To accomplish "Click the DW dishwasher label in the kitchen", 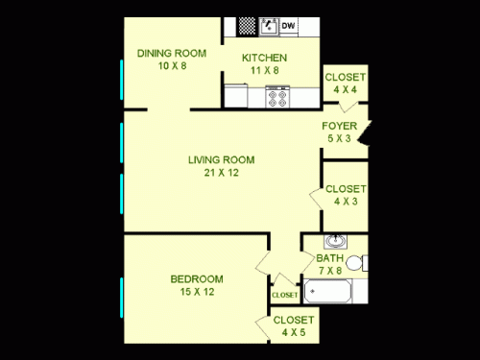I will (x=289, y=26).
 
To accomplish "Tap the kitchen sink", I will (x=269, y=26).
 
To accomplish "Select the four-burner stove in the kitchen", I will (x=278, y=97).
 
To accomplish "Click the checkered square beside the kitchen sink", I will (x=248, y=26).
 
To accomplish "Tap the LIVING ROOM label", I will (x=220, y=159).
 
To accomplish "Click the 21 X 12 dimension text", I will (x=220, y=173).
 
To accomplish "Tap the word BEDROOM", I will (x=197, y=279).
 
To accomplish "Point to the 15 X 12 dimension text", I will (x=197, y=293).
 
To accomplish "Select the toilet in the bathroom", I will (x=354, y=263).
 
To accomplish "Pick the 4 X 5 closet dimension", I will (x=293, y=332).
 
